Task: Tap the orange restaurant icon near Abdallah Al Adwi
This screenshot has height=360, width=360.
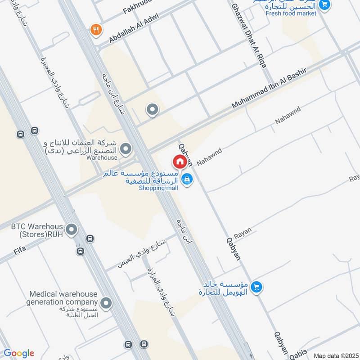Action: point(96,30)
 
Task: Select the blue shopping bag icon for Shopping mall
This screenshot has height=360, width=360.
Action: point(188,180)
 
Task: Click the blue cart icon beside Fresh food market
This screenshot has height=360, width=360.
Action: point(324,4)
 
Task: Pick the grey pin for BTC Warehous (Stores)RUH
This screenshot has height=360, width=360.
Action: point(71,230)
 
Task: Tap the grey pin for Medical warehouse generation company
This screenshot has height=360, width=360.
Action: point(106,303)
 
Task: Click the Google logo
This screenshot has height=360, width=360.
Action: point(19,353)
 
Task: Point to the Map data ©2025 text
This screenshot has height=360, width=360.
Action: point(335,355)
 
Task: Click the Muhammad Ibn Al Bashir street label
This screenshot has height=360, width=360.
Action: point(269,88)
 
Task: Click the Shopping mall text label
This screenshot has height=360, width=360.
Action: point(158,188)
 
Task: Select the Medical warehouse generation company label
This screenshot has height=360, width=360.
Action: point(63,298)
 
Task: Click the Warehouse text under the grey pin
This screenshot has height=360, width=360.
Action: point(102,157)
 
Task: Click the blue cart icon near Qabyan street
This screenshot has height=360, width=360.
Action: point(256,286)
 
